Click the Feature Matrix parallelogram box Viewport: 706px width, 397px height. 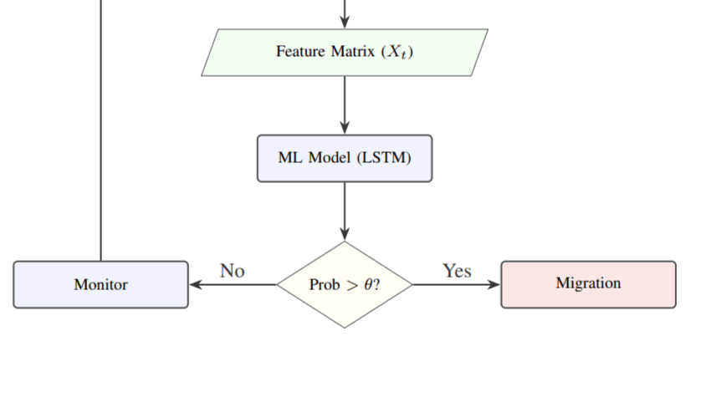click(x=344, y=53)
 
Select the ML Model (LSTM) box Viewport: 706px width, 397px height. click(x=344, y=158)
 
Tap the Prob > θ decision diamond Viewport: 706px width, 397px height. click(x=344, y=284)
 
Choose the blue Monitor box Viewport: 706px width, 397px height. click(x=100, y=284)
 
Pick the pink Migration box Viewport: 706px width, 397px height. click(x=588, y=284)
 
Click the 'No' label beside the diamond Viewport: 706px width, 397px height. click(x=232, y=271)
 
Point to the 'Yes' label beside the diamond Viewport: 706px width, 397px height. click(x=457, y=271)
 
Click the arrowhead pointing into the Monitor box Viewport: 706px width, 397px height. click(x=196, y=284)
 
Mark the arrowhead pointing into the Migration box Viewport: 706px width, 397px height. click(x=494, y=284)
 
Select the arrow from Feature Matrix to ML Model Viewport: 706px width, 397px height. click(x=344, y=104)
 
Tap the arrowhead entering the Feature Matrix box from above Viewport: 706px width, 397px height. click(x=344, y=23)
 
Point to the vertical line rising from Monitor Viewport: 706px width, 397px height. click(x=101, y=125)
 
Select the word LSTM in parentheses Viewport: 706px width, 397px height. click(x=384, y=158)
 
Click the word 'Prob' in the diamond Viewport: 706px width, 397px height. click(x=325, y=285)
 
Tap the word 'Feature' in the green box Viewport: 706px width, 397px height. click(x=301, y=52)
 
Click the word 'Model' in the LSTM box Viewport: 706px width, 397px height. click(x=329, y=158)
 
